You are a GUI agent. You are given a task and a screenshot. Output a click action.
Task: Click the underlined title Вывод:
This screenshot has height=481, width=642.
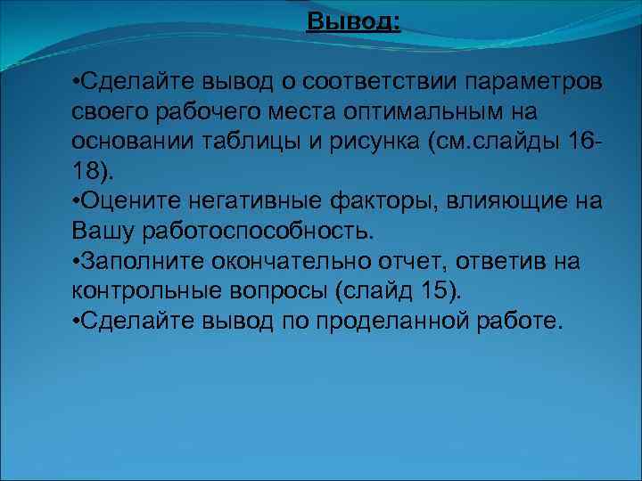coord(353,20)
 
